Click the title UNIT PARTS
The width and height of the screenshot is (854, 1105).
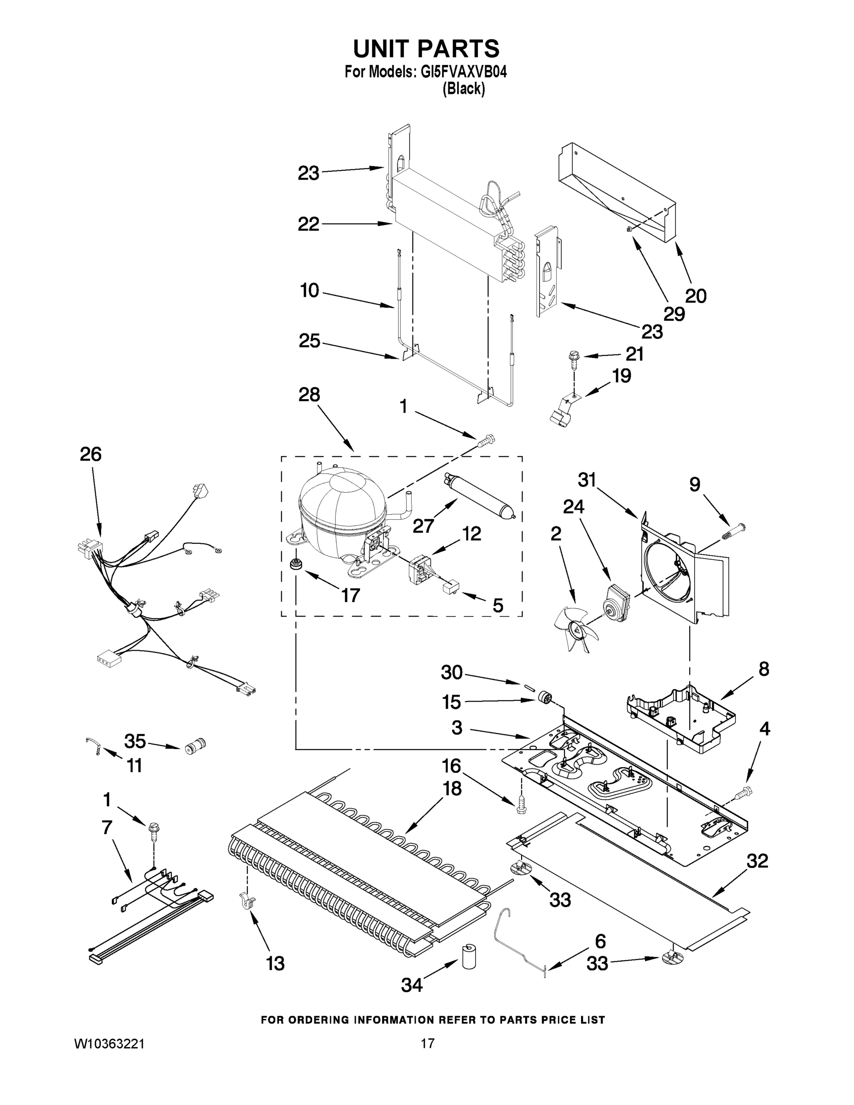point(426,49)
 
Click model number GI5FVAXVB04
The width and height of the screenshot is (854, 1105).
point(464,72)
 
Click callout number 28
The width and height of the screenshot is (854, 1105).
point(309,395)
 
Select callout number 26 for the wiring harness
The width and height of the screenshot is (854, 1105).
point(91,454)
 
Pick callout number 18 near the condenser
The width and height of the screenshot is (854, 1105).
point(452,788)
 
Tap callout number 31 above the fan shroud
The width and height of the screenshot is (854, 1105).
point(587,480)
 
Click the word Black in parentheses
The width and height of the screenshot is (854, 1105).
point(464,89)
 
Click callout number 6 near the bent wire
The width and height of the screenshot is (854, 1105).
point(600,941)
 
